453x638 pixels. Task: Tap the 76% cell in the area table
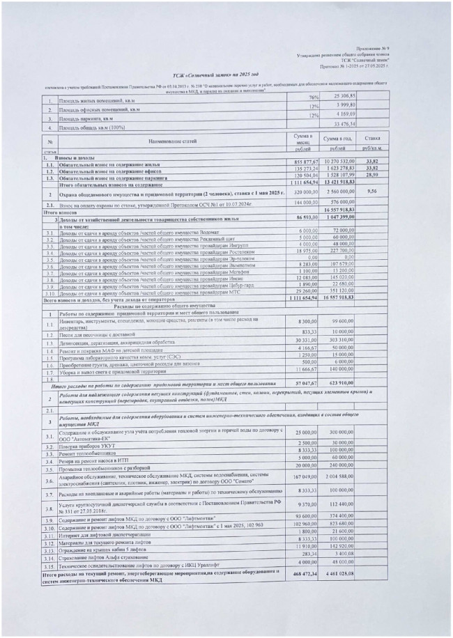click(314, 97)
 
